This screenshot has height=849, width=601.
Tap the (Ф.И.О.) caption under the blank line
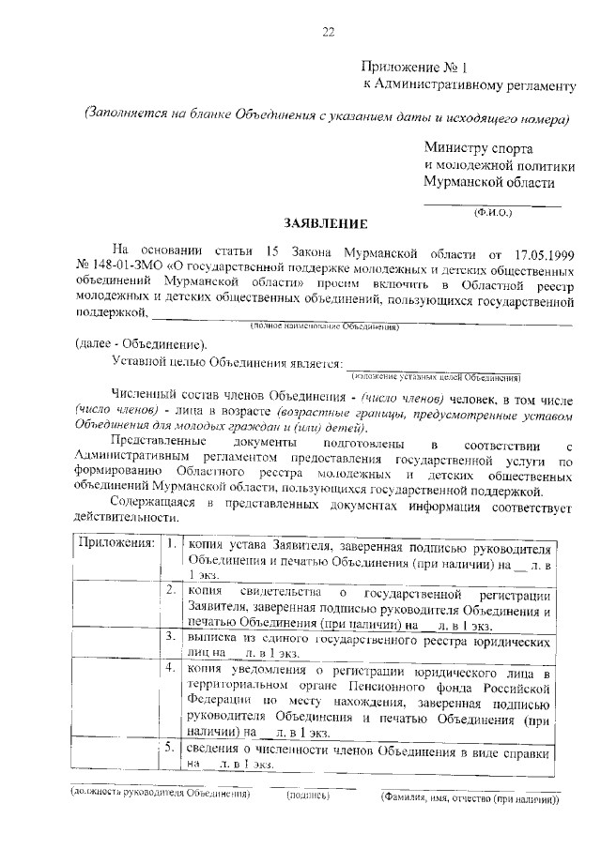coord(492,213)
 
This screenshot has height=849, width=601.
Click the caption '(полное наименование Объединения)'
coord(324,326)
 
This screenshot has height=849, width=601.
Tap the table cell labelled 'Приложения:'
coord(116,544)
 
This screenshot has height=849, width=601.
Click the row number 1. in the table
coord(171,544)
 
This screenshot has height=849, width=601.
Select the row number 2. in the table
coord(171,592)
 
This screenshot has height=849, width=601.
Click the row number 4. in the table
coord(171,669)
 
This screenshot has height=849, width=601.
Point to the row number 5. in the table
coord(171,748)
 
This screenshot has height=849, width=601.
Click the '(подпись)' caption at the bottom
coord(307,795)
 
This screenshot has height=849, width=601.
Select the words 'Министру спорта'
coord(478,148)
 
